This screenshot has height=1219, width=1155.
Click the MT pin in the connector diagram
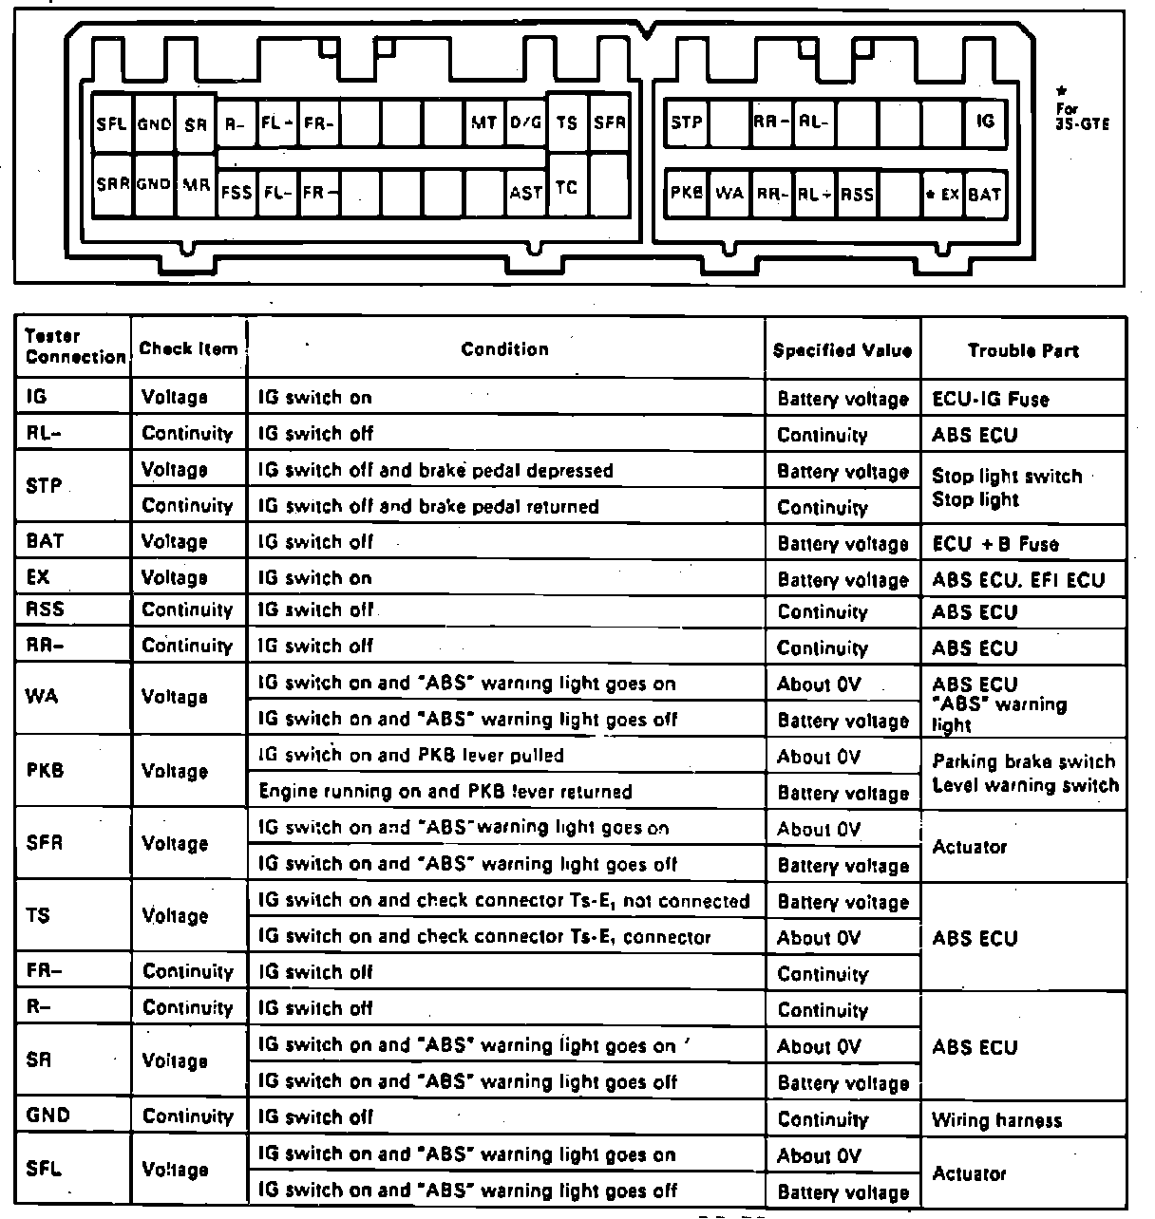click(x=484, y=122)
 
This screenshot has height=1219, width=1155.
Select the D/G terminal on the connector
click(x=526, y=122)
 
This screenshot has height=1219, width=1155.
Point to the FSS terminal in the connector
click(x=237, y=192)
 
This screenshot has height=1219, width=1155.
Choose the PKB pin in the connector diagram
click(x=687, y=193)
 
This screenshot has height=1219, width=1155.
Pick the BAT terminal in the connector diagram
click(x=985, y=194)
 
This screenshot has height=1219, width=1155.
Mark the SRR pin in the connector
click(x=112, y=184)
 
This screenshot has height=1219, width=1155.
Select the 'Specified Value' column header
click(x=843, y=350)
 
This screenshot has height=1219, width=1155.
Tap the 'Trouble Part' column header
click(x=1023, y=350)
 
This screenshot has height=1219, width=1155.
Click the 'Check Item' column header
click(x=188, y=348)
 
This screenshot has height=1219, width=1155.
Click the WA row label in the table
click(x=42, y=697)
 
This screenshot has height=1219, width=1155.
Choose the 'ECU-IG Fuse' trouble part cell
click(x=991, y=399)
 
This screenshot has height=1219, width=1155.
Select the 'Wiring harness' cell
click(x=996, y=1120)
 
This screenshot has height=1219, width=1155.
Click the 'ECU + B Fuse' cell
click(x=994, y=544)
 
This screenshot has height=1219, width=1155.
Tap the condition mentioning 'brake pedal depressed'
click(x=436, y=471)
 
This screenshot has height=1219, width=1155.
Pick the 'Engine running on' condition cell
click(x=445, y=792)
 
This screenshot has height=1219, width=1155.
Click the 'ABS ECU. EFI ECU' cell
click(x=1018, y=579)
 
